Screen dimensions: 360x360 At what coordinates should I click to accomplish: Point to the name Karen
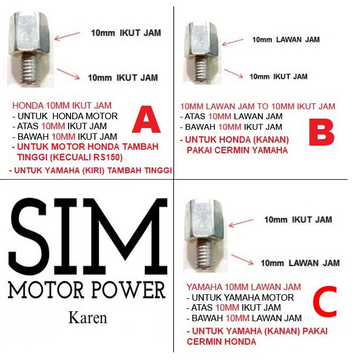(88, 318)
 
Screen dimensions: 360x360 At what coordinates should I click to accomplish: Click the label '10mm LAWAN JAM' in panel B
(286, 39)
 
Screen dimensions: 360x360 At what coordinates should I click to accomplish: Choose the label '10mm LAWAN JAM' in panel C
(300, 263)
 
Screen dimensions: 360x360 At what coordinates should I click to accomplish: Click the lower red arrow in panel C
(243, 255)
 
